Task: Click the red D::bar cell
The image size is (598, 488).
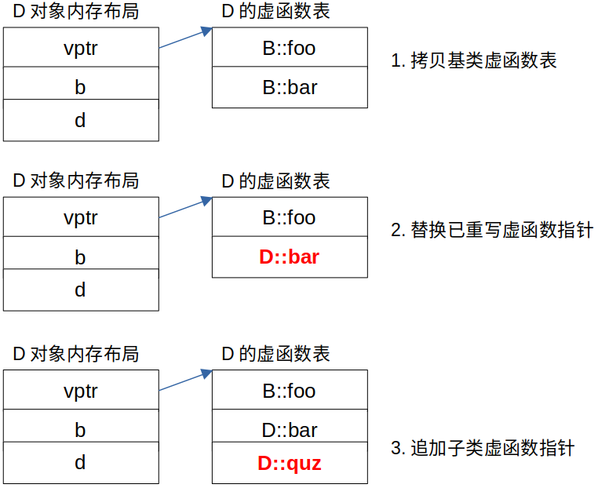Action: [289, 257]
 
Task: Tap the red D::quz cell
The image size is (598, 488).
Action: [289, 463]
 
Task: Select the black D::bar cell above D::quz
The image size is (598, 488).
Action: [289, 430]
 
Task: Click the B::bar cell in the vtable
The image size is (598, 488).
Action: [289, 87]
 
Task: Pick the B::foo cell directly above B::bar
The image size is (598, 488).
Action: [289, 48]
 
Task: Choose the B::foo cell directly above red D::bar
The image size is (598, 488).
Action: [289, 217]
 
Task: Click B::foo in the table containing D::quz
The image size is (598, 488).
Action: [289, 391]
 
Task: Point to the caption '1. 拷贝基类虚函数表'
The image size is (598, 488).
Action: [473, 60]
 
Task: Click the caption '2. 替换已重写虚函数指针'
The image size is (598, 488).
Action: [491, 231]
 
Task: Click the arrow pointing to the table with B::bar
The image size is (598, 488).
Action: [186, 38]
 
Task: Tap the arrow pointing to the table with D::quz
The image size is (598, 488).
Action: [186, 381]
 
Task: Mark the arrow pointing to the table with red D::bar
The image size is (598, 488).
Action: [186, 207]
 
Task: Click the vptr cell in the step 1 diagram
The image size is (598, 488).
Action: [80, 48]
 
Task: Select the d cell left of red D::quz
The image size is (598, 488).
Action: [80, 463]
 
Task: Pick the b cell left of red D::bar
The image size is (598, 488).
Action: [80, 257]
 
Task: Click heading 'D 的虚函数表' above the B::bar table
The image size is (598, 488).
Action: [275, 12]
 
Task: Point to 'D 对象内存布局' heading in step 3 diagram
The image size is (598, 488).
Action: [75, 354]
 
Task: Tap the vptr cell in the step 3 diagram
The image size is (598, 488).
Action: [80, 391]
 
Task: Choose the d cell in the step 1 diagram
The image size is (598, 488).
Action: [80, 121]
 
